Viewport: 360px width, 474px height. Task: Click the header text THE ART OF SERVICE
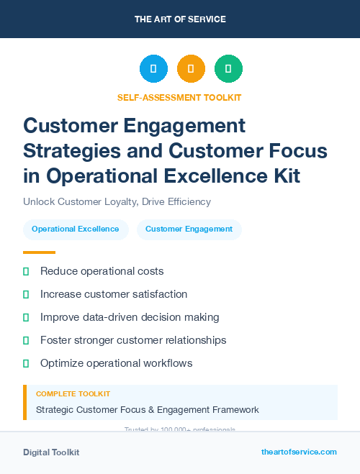point(179,19)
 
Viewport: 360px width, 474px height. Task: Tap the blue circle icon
point(153,69)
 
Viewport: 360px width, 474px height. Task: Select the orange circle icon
point(191,69)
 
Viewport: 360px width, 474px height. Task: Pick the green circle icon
point(228,69)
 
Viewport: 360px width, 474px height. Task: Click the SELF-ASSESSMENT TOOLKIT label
point(179,97)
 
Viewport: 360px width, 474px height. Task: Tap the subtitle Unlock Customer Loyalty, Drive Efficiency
point(117,202)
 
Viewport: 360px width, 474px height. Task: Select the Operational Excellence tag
point(76,229)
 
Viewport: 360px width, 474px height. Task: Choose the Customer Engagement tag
point(189,229)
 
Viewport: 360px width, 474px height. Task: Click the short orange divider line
point(39,252)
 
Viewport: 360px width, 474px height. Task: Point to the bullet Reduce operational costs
point(102,271)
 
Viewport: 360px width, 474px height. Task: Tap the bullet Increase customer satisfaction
point(114,294)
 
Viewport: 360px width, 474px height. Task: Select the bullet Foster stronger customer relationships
point(133,340)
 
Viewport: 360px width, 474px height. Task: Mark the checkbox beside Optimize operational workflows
point(26,363)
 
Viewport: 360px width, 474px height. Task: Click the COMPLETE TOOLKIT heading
point(73,394)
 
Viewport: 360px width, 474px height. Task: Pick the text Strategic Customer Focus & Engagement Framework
point(148,410)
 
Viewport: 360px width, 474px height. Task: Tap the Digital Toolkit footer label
point(51,452)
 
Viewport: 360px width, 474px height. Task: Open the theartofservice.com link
point(299,452)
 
